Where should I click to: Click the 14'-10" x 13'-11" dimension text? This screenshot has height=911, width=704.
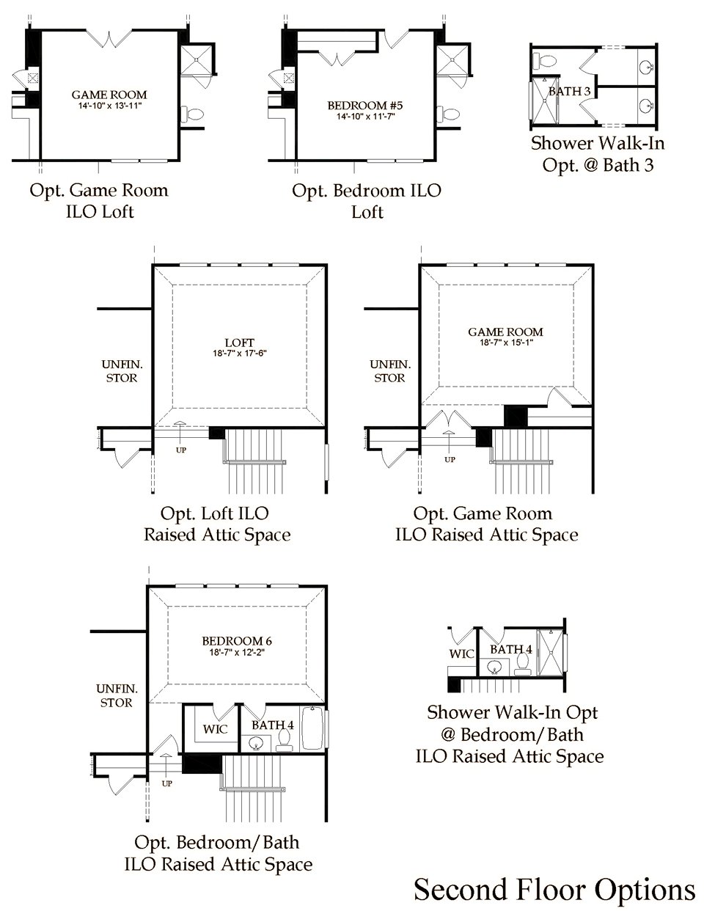point(109,106)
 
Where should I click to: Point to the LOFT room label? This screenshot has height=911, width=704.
point(240,343)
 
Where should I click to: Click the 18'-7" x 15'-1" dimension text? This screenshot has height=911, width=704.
point(506,343)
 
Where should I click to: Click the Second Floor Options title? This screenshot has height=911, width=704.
point(554,889)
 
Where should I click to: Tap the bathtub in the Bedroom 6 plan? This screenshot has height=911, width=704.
point(312,728)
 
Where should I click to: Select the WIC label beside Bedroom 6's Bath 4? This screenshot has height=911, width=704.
point(215,729)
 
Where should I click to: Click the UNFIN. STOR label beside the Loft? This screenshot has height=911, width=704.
point(120,370)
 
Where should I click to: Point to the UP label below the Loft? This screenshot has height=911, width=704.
point(180,450)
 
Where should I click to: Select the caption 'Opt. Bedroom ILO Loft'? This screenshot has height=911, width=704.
point(366,200)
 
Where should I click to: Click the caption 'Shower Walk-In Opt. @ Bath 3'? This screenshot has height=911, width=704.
point(598,153)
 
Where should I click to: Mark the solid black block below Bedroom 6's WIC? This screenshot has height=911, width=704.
point(202,764)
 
